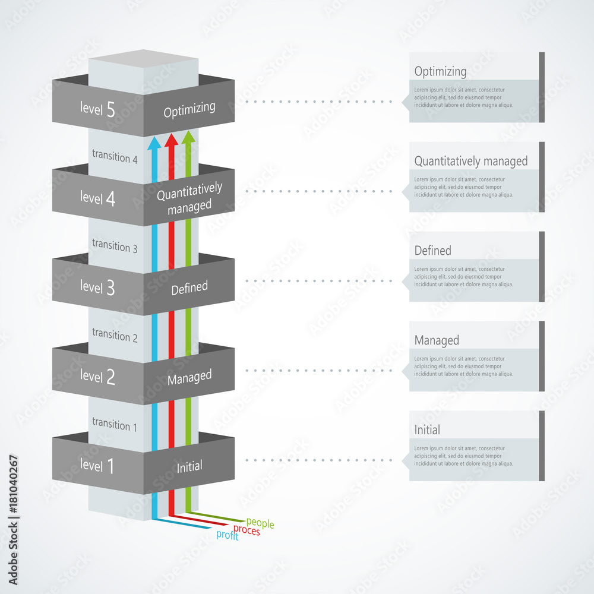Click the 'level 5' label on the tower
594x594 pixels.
click(x=97, y=109)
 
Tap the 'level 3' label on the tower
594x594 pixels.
click(x=97, y=287)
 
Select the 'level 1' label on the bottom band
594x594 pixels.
click(x=97, y=466)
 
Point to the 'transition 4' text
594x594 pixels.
click(x=115, y=157)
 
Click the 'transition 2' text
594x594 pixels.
click(x=115, y=336)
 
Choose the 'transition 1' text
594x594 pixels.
click(x=115, y=425)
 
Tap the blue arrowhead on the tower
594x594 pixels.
click(x=154, y=142)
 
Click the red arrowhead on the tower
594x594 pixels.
click(x=171, y=140)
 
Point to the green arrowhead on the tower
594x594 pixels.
click(x=188, y=137)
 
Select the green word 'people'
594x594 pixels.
click(x=260, y=523)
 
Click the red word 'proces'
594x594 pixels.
click(x=247, y=530)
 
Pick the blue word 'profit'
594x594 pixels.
click(x=228, y=535)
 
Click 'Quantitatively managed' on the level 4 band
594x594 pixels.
click(x=189, y=198)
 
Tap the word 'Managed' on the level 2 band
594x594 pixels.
click(x=189, y=377)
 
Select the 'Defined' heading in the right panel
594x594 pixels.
click(x=433, y=251)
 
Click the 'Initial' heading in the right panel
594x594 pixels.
click(x=427, y=429)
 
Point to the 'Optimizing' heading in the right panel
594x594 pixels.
click(x=440, y=72)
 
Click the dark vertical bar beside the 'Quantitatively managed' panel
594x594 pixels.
click(x=542, y=176)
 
